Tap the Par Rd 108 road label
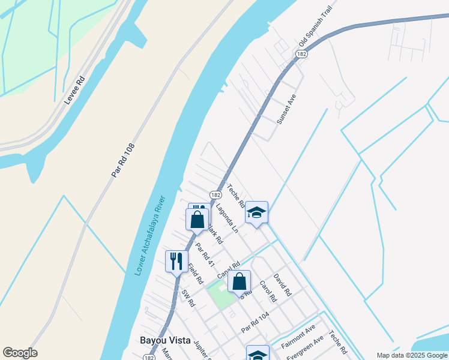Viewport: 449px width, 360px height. click(123, 160)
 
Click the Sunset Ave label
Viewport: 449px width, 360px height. click(286, 109)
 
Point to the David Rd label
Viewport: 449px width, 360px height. click(282, 285)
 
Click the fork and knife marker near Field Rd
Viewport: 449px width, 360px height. click(176, 261)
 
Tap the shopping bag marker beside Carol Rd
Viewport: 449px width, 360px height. click(239, 280)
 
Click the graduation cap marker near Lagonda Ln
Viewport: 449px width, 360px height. click(256, 212)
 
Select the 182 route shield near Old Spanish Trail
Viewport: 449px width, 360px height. click(301, 55)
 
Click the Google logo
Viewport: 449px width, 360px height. click(20, 353)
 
